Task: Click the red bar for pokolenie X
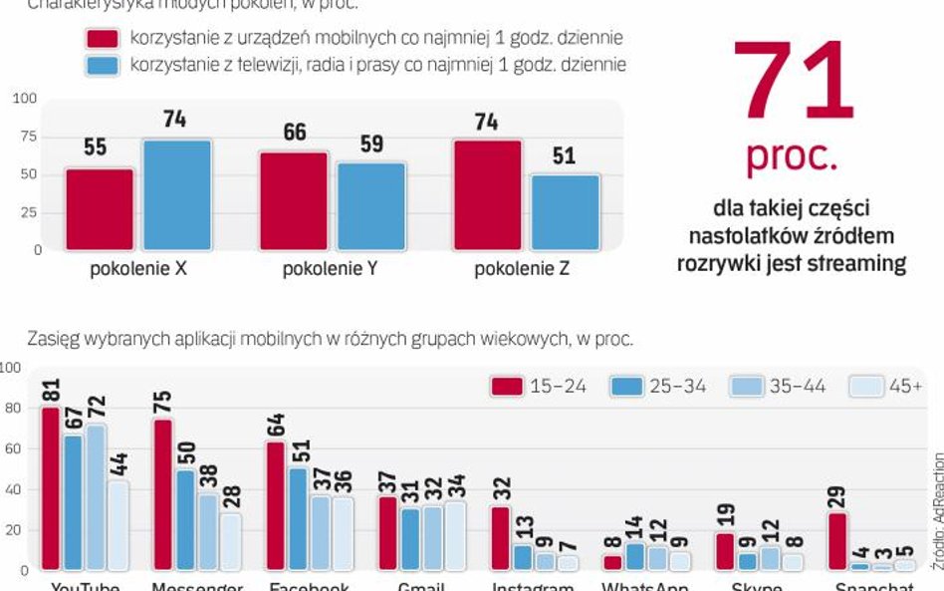tap(100, 209)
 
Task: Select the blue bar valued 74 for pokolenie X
tap(177, 194)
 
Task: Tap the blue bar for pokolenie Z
tap(565, 212)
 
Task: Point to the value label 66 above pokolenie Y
tap(295, 133)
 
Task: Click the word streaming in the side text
tap(856, 263)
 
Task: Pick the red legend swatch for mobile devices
tap(103, 39)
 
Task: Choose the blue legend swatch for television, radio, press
tap(103, 66)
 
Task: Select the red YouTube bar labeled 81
tap(50, 488)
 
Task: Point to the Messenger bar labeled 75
tap(163, 494)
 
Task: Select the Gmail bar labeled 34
tap(455, 535)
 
